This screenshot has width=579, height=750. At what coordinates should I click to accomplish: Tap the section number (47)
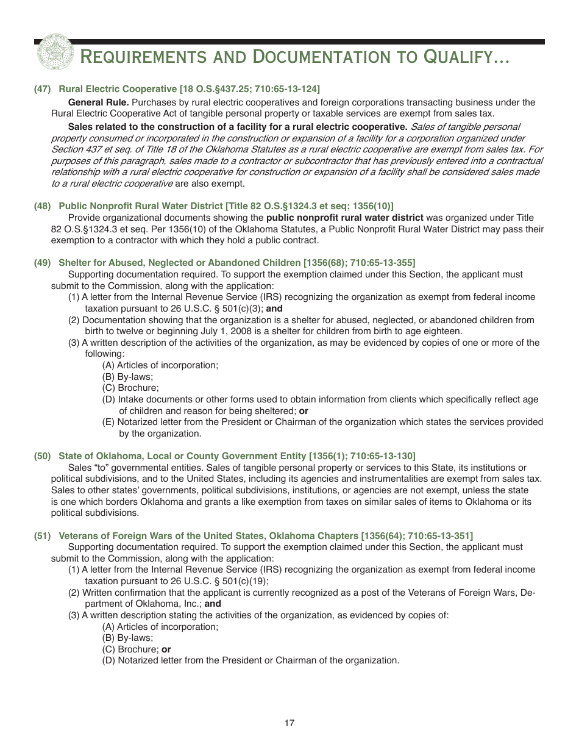[42, 89]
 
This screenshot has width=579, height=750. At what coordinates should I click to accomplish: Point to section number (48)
[42, 206]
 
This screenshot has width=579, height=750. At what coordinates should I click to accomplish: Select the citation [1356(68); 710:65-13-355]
[360, 263]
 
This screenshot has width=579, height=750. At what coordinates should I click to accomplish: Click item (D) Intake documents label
[110, 399]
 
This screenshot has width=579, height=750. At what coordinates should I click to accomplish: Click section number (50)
[42, 456]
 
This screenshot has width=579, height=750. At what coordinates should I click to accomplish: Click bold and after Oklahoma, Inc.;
[213, 604]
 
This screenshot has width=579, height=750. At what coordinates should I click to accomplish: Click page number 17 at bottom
[289, 724]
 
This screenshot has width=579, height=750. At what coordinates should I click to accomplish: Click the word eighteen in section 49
[443, 331]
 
